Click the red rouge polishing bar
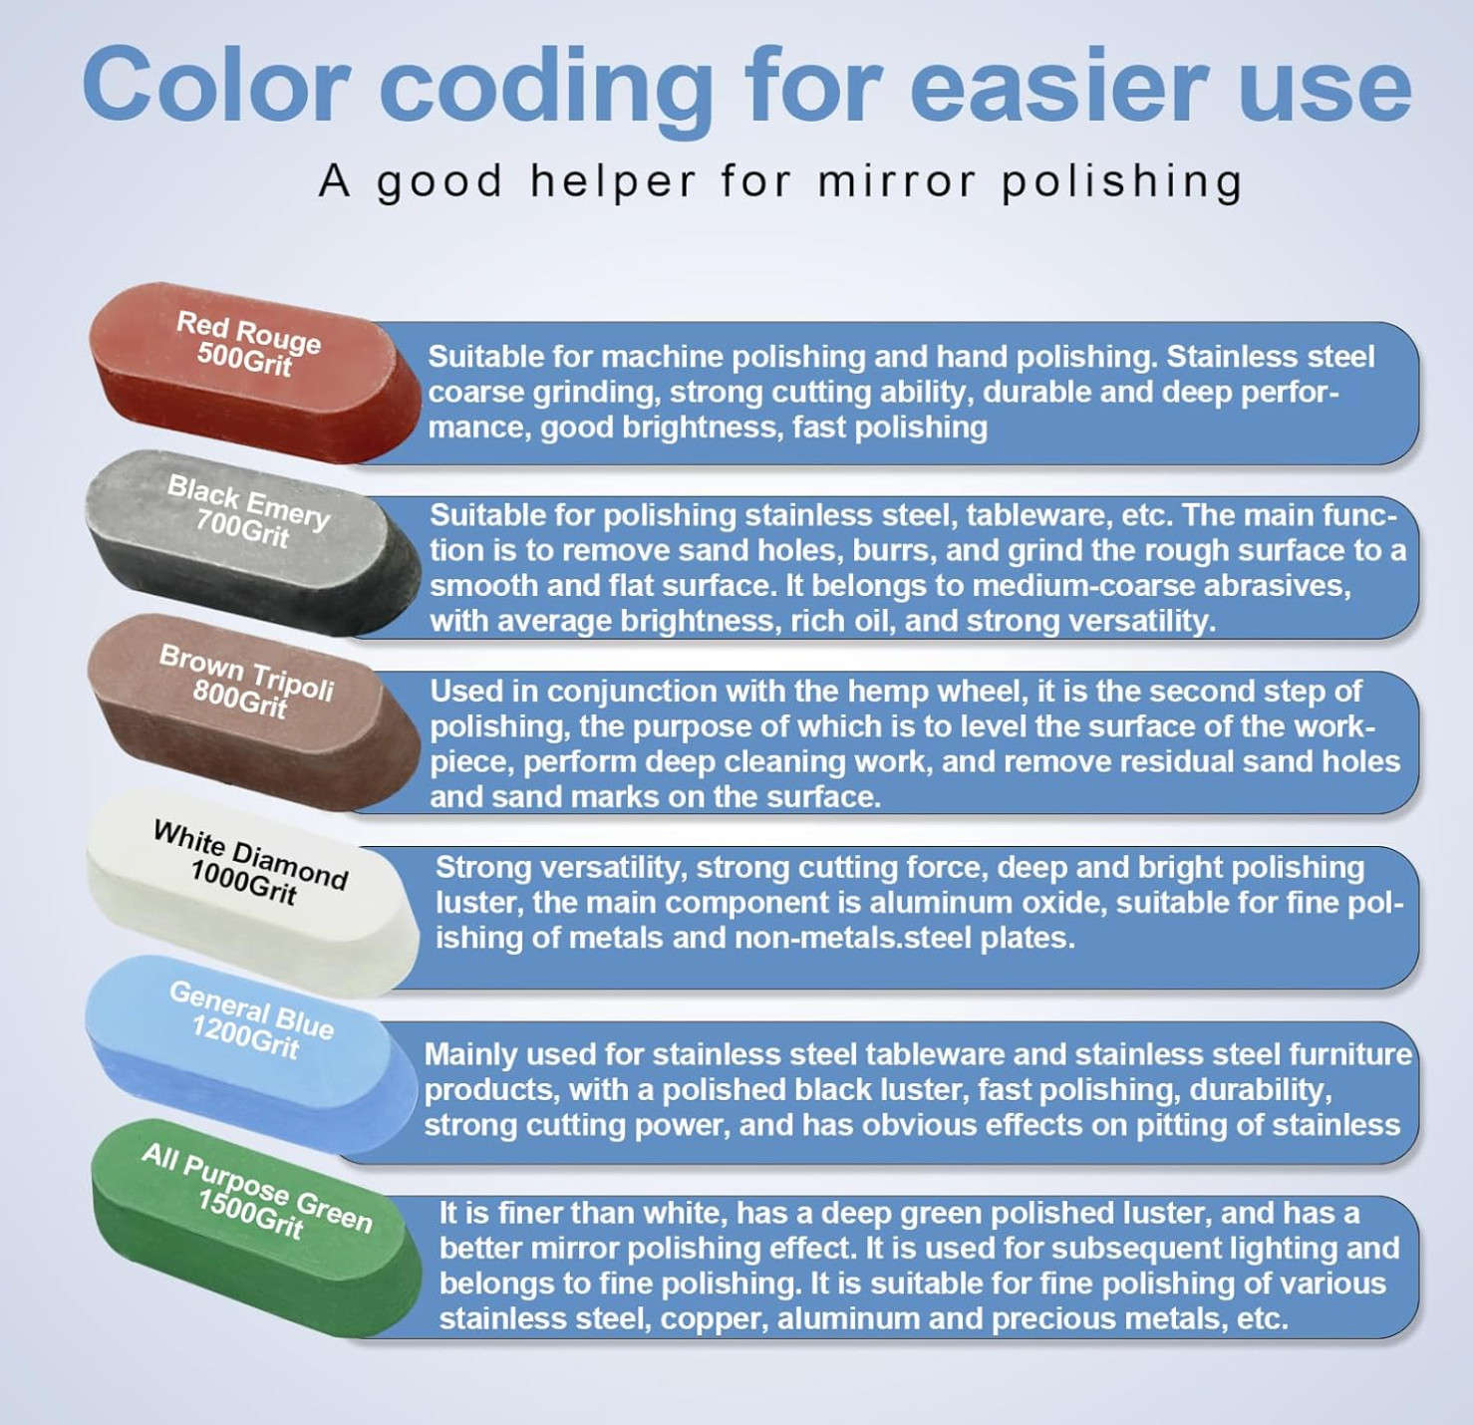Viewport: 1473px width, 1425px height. (255, 373)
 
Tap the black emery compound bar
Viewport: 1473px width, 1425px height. (253, 542)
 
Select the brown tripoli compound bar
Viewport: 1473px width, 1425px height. (253, 712)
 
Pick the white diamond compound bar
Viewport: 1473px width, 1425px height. (252, 893)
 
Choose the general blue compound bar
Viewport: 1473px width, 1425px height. (250, 1053)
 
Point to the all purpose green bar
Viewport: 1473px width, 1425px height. (256, 1226)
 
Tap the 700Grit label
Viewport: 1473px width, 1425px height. (242, 527)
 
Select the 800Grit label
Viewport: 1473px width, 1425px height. (240, 698)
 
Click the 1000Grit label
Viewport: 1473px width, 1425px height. (243, 882)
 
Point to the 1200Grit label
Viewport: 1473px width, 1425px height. (244, 1036)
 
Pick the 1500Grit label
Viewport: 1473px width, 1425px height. (250, 1214)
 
